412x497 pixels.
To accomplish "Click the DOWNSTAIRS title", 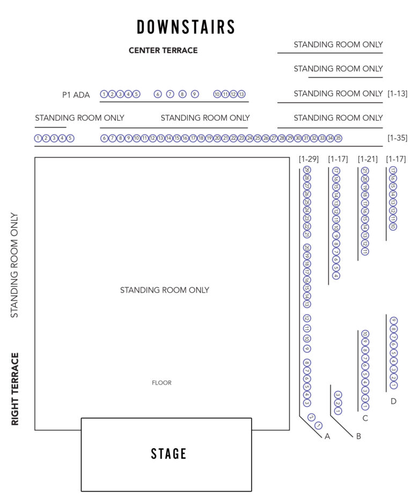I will point(186,27).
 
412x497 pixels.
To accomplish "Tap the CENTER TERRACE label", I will point(163,50).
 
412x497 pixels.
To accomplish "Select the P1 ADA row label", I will point(76,95).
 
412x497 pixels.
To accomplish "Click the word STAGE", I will point(168,454).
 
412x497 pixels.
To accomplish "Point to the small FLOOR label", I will point(161,383).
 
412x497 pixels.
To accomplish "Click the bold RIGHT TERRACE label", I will point(15,389).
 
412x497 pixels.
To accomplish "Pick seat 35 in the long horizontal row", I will point(338,138).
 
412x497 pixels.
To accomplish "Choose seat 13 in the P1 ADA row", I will point(241,94).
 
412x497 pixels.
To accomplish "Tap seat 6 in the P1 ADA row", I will point(158,94).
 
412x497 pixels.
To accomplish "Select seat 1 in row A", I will point(318,426).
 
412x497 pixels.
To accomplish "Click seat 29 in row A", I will point(306,170).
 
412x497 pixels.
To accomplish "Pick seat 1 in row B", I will point(337,411).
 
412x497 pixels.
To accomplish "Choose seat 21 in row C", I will point(365,171).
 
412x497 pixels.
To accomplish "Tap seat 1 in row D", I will point(393,385).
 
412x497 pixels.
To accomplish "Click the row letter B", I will point(358,436).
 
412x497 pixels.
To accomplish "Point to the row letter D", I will point(393,401).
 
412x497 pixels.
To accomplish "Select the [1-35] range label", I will point(397,138).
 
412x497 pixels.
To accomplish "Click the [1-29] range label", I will point(309,159).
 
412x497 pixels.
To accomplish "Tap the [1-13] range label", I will point(397,93).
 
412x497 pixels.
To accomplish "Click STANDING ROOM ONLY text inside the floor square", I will point(164,290).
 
